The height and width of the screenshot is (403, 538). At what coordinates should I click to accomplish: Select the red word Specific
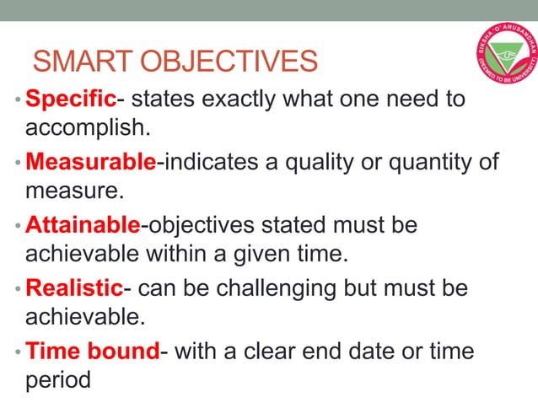tap(70, 99)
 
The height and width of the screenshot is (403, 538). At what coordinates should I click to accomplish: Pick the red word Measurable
tap(90, 162)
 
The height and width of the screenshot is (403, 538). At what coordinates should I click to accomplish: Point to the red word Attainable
tap(83, 225)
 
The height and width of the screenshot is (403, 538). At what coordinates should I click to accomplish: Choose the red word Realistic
tap(74, 288)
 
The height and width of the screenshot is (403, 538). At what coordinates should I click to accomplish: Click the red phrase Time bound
tap(92, 352)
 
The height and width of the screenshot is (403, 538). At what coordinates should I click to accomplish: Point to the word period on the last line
tap(57, 380)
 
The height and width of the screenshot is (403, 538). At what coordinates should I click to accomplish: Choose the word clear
tap(282, 352)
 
